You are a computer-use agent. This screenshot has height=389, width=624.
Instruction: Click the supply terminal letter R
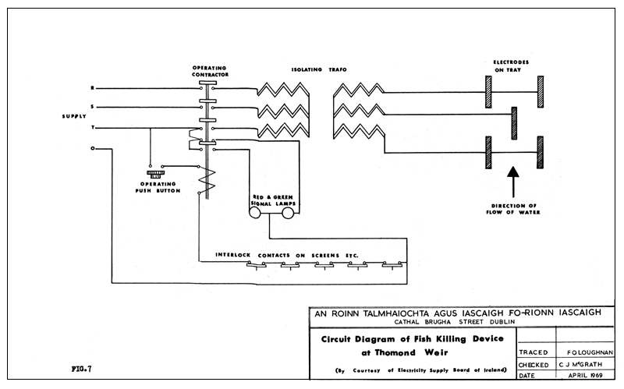tap(94, 87)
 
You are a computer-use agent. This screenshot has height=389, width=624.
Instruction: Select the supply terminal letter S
tap(94, 107)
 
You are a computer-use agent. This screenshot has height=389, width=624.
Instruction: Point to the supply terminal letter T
tap(94, 128)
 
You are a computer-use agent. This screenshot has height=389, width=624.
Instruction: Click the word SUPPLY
tap(75, 117)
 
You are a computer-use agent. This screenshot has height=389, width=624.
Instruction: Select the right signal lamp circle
tap(287, 214)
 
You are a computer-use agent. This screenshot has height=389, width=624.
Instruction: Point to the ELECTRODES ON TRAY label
tap(512, 66)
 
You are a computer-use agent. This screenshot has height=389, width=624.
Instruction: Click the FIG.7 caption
tap(80, 366)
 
